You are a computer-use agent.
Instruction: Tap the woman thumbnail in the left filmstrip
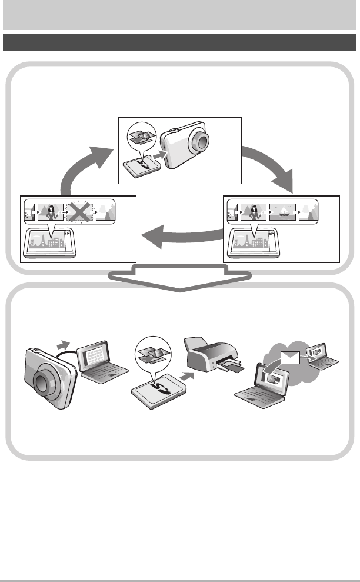[x=50, y=210]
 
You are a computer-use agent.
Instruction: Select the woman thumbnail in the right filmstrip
[x=253, y=210]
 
